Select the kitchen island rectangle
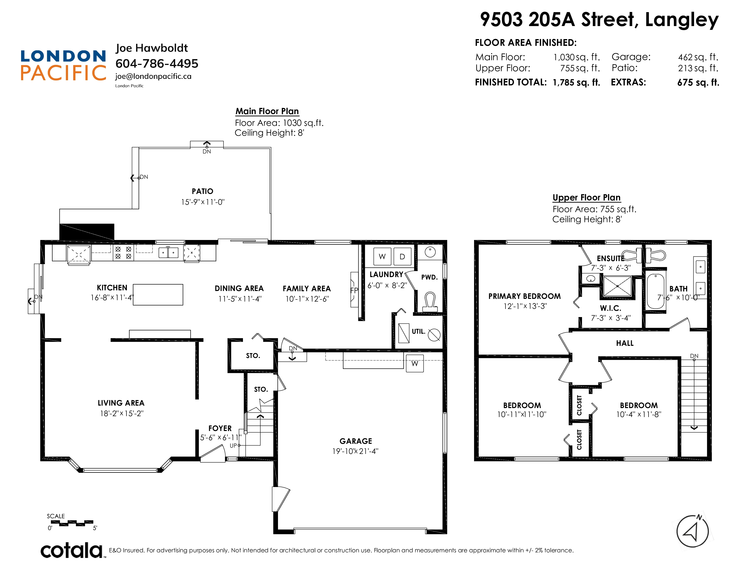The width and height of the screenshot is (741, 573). point(158,295)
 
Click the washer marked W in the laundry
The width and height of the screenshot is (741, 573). point(382,256)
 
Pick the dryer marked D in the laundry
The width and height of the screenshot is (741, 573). point(402,256)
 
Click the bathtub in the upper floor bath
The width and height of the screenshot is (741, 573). point(655,291)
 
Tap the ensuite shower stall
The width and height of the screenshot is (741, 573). point(617,286)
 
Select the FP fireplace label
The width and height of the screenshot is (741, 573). point(354,290)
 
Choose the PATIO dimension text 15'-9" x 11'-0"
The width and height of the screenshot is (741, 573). point(203,202)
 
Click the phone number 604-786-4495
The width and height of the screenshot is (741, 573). point(157,63)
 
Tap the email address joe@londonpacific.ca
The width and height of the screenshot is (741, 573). point(153,76)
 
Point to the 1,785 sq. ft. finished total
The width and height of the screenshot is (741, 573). point(576,82)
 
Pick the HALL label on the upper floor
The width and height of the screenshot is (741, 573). point(625,343)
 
